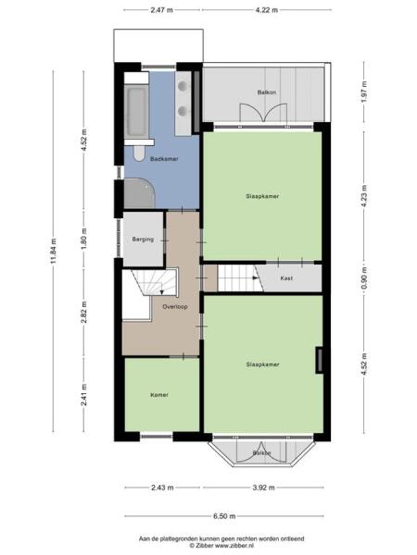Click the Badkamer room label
(163, 159)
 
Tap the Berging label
(142, 239)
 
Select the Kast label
(286, 277)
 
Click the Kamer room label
(158, 395)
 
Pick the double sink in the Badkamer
(186, 97)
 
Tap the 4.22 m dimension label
(265, 10)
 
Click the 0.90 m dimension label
(364, 277)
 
